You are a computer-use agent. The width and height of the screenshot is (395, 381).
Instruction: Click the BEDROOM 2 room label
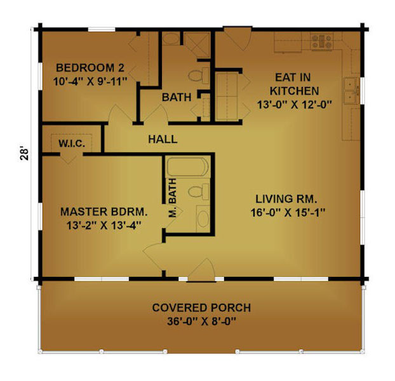pos(90,68)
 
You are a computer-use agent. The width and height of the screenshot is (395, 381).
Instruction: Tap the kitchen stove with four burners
pos(321,41)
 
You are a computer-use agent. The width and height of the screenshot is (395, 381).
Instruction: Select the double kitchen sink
pos(352,91)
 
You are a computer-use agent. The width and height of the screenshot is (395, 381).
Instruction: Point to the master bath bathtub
pos(188,167)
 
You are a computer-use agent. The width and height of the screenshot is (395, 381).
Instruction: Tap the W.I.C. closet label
pos(72,144)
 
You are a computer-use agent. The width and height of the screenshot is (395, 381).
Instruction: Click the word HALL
pos(163,139)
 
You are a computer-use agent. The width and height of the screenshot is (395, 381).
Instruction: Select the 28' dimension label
pos(25,154)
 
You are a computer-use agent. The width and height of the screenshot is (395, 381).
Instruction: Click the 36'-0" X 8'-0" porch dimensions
pos(201,321)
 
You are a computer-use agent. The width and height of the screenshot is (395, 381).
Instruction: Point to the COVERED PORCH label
pos(201,308)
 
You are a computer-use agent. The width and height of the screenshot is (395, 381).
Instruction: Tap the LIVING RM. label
pos(286,199)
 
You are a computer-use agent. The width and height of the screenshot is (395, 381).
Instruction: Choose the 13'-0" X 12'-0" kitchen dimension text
pos(294,105)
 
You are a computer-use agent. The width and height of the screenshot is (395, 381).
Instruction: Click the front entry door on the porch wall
pos(201,271)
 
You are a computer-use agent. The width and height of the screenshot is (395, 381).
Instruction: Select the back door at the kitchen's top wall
pos(238,37)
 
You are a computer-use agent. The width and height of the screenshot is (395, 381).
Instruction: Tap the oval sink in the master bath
pos(203,218)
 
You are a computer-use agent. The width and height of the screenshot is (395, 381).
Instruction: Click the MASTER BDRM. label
pos(104,212)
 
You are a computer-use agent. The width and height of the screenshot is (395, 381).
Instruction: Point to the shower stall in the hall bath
pos(197,45)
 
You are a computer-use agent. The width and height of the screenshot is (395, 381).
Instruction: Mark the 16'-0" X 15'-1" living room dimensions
pos(288,213)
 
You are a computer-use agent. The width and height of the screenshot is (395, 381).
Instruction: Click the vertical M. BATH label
pos(173,198)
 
